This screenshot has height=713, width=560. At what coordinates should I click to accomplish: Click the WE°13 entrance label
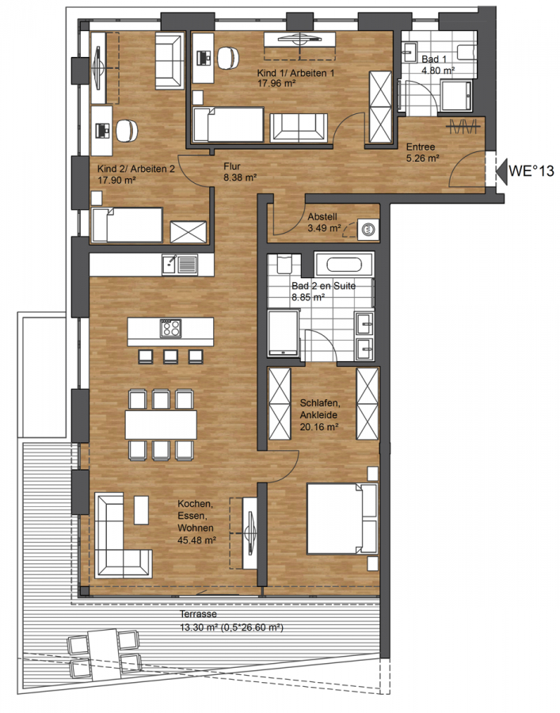(x=531, y=170)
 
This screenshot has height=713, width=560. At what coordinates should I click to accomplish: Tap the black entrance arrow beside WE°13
(x=501, y=171)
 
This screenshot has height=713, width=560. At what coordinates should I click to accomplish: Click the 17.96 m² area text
(x=276, y=84)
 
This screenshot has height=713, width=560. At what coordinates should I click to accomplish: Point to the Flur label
(x=232, y=166)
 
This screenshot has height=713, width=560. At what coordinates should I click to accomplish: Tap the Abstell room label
(x=322, y=217)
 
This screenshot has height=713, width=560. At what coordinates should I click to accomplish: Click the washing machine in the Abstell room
(x=368, y=229)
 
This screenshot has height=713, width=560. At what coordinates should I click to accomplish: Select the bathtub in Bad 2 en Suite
(x=345, y=265)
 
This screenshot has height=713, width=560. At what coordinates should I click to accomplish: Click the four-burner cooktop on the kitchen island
(x=170, y=328)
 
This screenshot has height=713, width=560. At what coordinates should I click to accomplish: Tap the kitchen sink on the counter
(x=180, y=265)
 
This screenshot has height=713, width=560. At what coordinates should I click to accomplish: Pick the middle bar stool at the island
(x=170, y=356)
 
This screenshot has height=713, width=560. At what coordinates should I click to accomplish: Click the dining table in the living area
(x=161, y=425)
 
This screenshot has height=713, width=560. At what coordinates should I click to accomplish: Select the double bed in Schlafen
(x=342, y=518)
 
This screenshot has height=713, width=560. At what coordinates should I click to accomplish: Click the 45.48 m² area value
(x=196, y=540)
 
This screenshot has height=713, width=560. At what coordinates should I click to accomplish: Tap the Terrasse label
(x=198, y=614)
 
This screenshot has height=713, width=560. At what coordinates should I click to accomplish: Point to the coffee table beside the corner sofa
(x=141, y=509)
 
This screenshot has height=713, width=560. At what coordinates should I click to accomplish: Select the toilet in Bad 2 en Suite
(x=284, y=263)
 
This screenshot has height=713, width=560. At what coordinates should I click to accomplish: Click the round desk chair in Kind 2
(x=127, y=130)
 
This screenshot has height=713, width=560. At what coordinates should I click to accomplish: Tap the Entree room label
(x=421, y=147)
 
